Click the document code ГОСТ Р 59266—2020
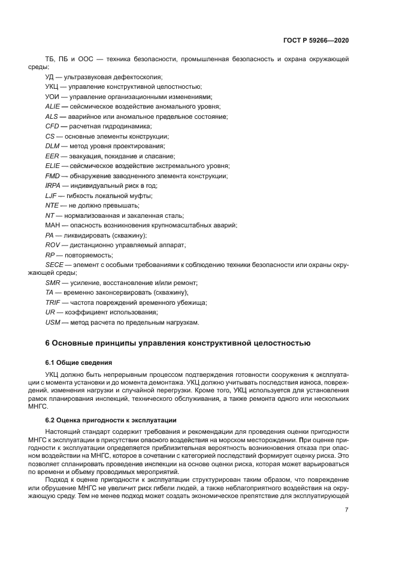[316, 40]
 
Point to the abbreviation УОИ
[53, 97]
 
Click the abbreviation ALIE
[53, 107]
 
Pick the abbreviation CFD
[52, 127]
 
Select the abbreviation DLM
[53, 146]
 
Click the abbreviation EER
[52, 156]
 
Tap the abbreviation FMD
[53, 176]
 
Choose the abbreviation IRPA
[53, 185]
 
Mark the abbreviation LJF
[52, 196]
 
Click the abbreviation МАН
[53, 225]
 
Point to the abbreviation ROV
[53, 245]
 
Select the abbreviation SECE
[55, 264]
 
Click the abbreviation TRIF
[53, 303]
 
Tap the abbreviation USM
[53, 323]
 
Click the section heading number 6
[49, 344]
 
